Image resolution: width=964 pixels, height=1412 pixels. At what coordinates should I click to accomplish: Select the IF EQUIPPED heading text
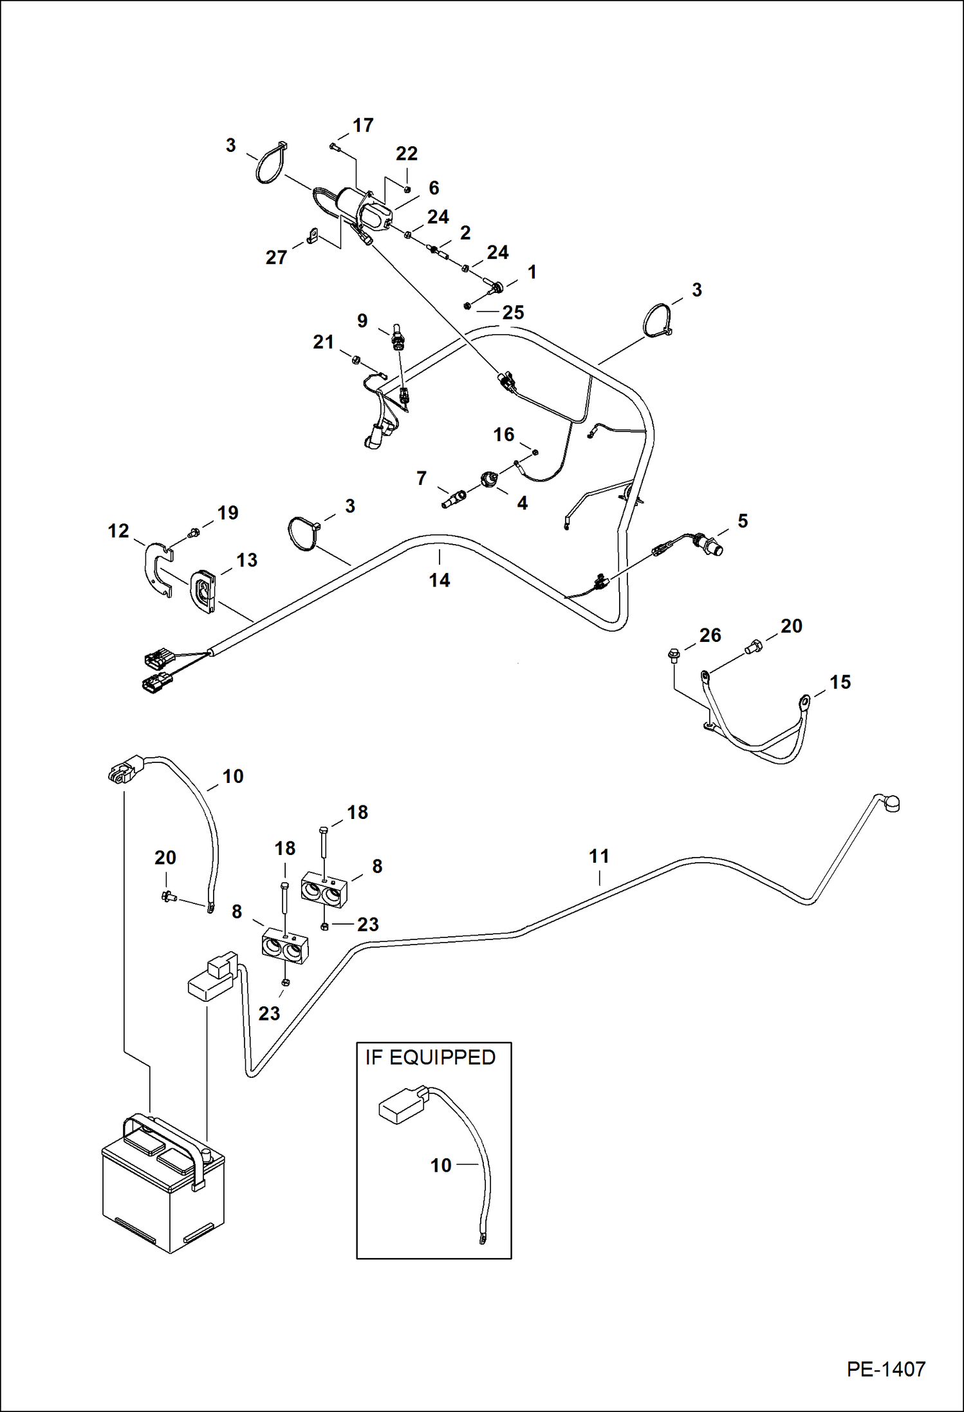[x=430, y=1058]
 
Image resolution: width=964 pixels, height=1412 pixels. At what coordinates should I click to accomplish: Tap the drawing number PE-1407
[x=885, y=1370]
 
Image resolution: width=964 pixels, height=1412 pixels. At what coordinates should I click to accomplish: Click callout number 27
[x=276, y=258]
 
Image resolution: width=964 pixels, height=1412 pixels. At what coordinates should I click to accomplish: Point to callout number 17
[x=363, y=125]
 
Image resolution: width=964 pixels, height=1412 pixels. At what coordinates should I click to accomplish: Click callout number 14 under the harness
[x=440, y=580]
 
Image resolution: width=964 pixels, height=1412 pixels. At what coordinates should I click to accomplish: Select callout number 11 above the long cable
[x=599, y=856]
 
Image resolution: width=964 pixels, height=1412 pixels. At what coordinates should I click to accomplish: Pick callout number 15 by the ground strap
[x=840, y=682]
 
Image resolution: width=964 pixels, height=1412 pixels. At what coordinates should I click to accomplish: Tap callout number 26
[x=710, y=635]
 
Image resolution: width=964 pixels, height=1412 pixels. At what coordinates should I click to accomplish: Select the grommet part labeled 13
[x=203, y=590]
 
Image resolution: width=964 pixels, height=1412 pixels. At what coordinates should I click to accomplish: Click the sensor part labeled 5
[x=711, y=547]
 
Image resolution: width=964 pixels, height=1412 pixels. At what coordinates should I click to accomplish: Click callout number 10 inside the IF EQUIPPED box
[x=441, y=1165]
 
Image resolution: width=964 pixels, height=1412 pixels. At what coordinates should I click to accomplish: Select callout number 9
[x=362, y=321]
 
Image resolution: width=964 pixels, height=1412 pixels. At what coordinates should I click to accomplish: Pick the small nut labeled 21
[x=355, y=359]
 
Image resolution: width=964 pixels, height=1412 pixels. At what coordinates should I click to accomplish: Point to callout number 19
[x=228, y=513]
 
